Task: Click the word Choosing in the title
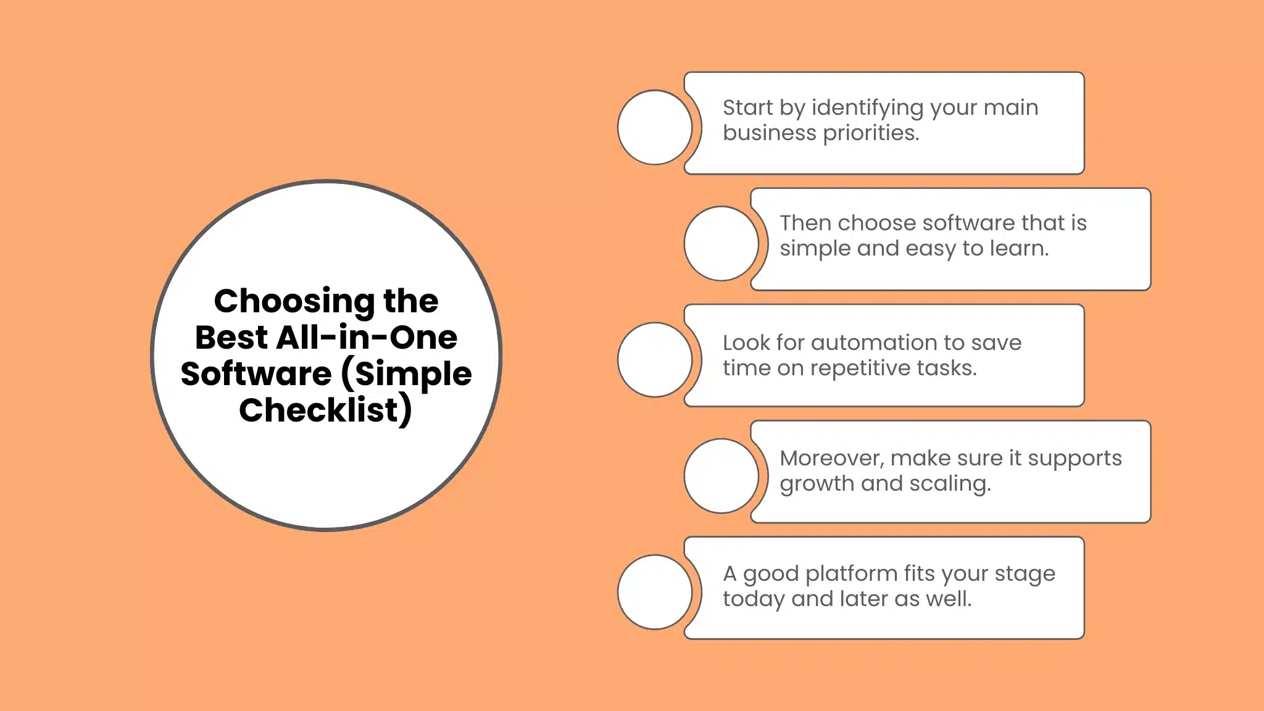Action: point(294,302)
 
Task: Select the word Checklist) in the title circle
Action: point(325,410)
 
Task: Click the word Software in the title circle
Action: point(256,374)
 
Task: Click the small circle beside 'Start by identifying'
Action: point(655,128)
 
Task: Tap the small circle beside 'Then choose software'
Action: point(721,243)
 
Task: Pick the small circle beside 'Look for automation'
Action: point(655,360)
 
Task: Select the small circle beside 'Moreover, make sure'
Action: point(721,476)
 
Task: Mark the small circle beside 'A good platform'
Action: point(655,592)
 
